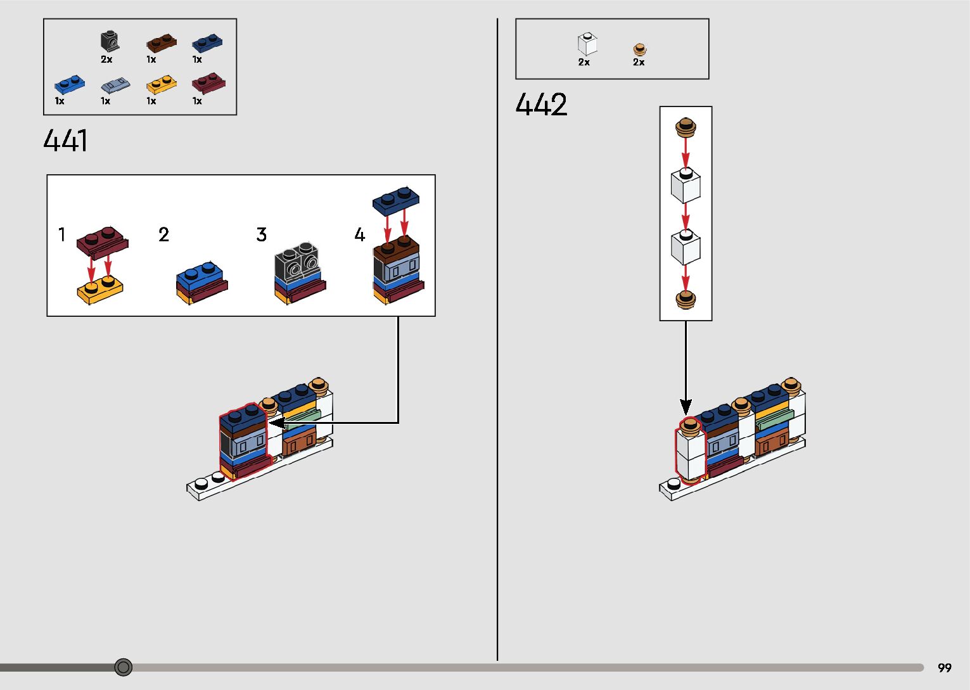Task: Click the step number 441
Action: [65, 141]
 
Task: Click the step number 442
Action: [541, 105]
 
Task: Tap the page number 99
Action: [944, 668]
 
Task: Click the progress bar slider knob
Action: [124, 667]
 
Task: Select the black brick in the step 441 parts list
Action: [110, 42]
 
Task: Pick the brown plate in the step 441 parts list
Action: [161, 43]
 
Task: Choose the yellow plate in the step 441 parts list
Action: [161, 84]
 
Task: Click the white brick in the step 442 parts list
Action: [587, 44]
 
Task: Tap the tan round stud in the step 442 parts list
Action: [640, 49]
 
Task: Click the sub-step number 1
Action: [62, 235]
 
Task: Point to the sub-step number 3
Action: [261, 235]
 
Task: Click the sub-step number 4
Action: [359, 235]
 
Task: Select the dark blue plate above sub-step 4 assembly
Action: [395, 200]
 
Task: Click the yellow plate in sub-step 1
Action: [99, 290]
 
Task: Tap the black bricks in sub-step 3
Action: [297, 262]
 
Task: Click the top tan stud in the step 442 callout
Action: [686, 127]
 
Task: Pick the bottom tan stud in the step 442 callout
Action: [686, 298]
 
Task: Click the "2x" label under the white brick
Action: [584, 62]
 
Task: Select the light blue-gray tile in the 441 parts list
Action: [115, 85]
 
